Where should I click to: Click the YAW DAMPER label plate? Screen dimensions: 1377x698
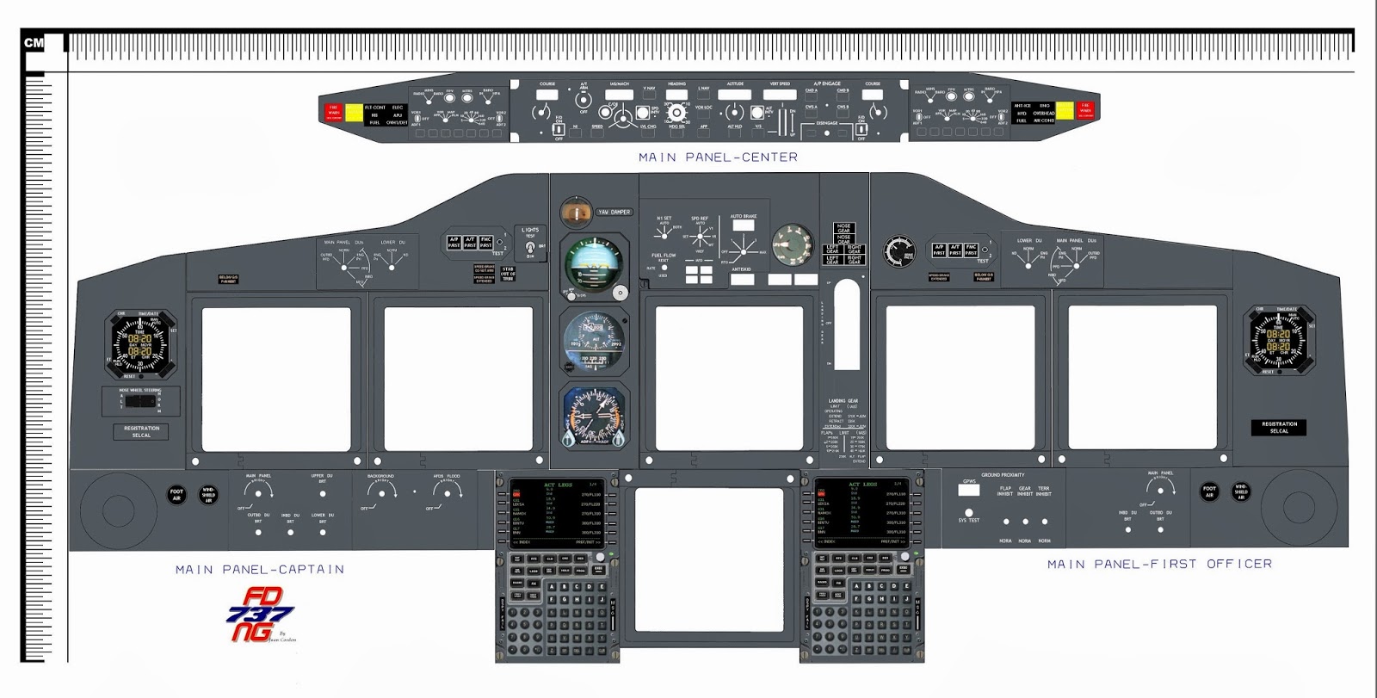(614, 212)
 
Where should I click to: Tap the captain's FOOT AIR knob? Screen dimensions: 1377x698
(176, 495)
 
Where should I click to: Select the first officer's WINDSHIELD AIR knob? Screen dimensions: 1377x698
(1240, 491)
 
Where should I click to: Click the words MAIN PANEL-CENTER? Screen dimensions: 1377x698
(718, 158)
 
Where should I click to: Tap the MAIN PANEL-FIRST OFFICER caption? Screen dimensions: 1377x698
(1158, 565)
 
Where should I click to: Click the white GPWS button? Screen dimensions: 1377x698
(968, 490)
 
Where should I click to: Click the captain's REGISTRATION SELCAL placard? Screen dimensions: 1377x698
(141, 431)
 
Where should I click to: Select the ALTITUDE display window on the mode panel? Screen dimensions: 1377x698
(735, 95)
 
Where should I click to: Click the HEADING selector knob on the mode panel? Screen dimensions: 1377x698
(676, 112)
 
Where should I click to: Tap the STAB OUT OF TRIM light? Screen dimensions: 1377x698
(508, 275)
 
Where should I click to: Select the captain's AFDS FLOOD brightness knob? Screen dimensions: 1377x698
(447, 491)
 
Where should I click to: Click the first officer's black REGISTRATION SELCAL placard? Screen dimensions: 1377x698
(1279, 427)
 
